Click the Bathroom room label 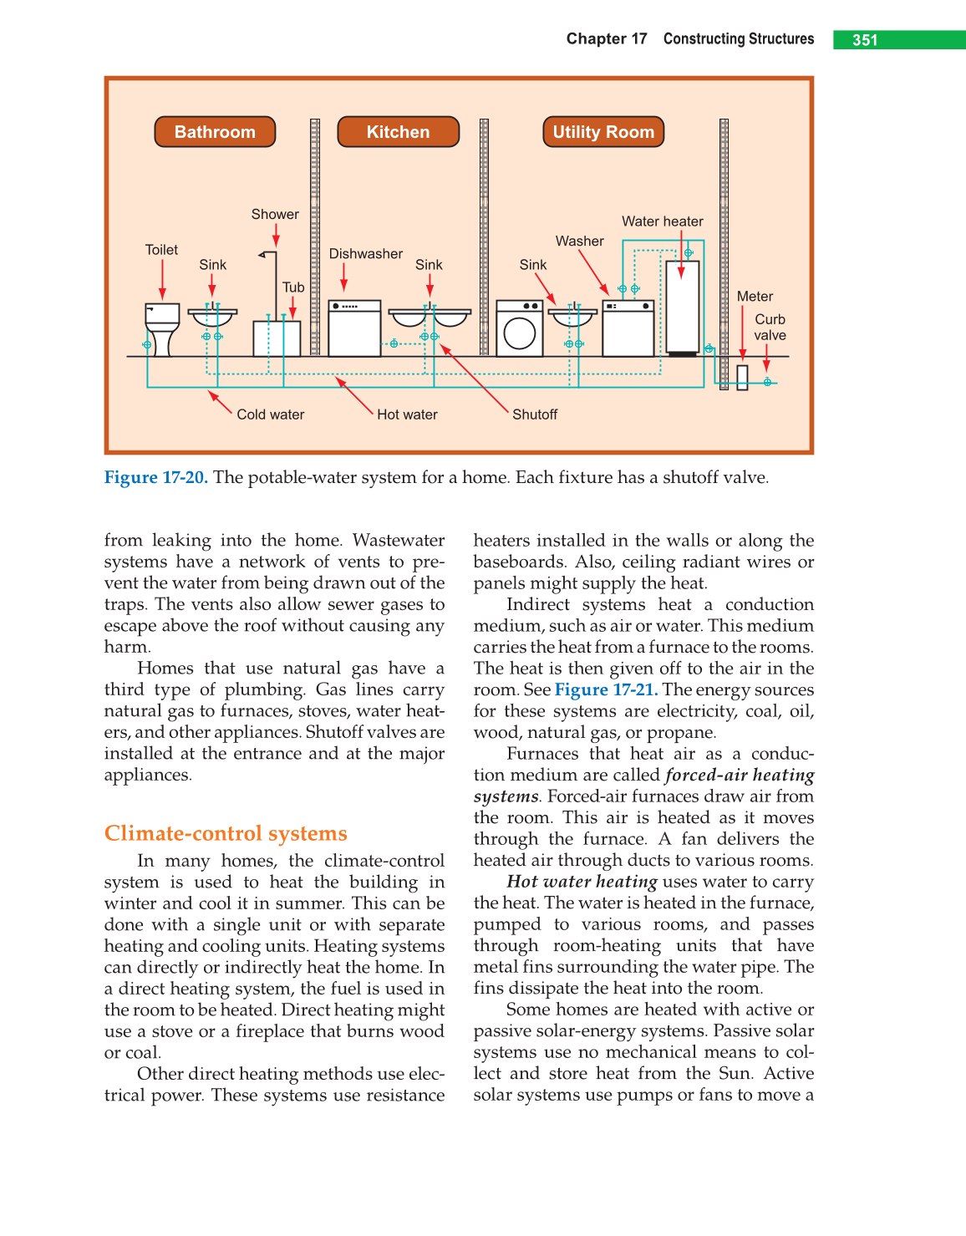[215, 132]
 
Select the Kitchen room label [398, 132]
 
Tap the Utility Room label [602, 132]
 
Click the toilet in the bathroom [162, 328]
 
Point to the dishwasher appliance [354, 328]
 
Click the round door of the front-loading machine [520, 333]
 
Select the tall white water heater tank [682, 308]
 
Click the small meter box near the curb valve [742, 378]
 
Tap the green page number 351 [865, 40]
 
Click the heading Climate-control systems [226, 833]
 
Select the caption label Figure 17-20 [155, 477]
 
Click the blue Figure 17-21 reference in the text [606, 689]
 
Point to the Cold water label [270, 415]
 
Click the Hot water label [407, 415]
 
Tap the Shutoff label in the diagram [535, 415]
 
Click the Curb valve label [770, 327]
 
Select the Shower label [275, 215]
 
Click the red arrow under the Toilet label [162, 279]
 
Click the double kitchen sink [430, 318]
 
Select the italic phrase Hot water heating [582, 882]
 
